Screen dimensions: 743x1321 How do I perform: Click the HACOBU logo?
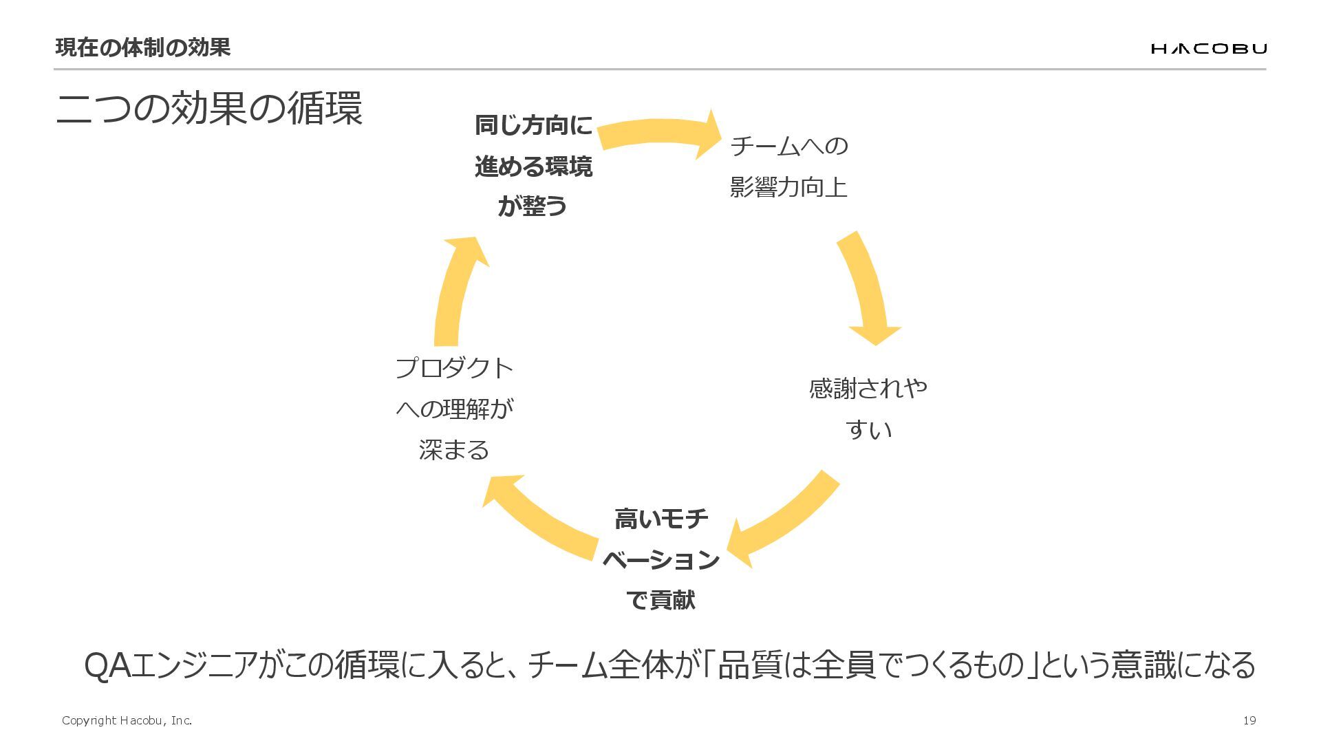[x=1208, y=48]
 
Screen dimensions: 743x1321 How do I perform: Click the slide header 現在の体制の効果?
[x=142, y=47]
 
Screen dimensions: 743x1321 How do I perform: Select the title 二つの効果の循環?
[x=209, y=109]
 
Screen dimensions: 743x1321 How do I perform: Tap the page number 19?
[x=1249, y=720]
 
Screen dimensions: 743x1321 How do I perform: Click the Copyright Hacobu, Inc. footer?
[x=127, y=720]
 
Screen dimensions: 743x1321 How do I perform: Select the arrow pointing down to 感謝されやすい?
[x=866, y=289]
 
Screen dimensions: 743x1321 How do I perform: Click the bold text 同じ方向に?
[x=533, y=125]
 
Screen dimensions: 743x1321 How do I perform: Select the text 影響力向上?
[x=788, y=187]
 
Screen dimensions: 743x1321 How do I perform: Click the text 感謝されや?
[x=868, y=389]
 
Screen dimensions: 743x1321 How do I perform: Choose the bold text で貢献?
[x=660, y=600]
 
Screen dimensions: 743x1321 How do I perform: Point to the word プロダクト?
[x=454, y=368]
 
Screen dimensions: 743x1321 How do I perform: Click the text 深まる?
[x=454, y=450]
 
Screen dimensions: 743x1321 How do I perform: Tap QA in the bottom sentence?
[x=106, y=665]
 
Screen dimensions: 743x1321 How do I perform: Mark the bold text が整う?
[x=533, y=206]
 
